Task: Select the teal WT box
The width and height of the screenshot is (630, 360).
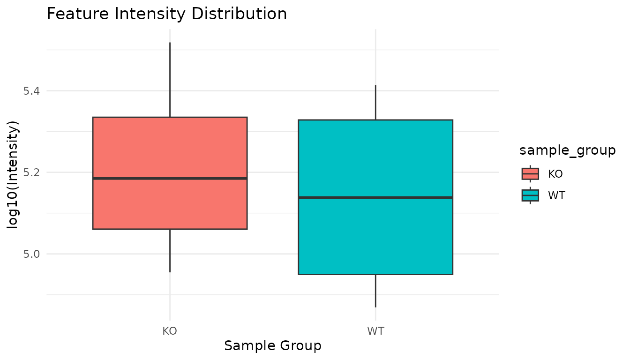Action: (x=375, y=234)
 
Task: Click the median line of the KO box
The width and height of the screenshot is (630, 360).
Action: (x=170, y=178)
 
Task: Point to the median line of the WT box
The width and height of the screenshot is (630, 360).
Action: (x=375, y=197)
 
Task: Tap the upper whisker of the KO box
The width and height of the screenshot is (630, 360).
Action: (x=170, y=80)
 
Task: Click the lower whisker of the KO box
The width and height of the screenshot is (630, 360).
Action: (x=170, y=250)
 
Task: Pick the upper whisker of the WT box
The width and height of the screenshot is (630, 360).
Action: (x=375, y=102)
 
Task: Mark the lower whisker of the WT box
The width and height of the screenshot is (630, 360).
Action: (x=375, y=291)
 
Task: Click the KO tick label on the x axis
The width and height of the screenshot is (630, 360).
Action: (x=170, y=331)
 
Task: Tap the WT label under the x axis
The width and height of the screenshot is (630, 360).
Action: (x=375, y=331)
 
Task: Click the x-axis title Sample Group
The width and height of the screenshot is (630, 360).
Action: (x=273, y=346)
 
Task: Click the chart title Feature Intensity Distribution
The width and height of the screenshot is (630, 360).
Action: (x=167, y=14)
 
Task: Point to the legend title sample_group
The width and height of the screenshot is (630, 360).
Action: (x=567, y=150)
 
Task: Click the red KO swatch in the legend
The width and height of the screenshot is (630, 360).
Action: (x=530, y=173)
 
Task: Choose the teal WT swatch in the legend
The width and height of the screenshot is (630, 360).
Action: (x=530, y=195)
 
